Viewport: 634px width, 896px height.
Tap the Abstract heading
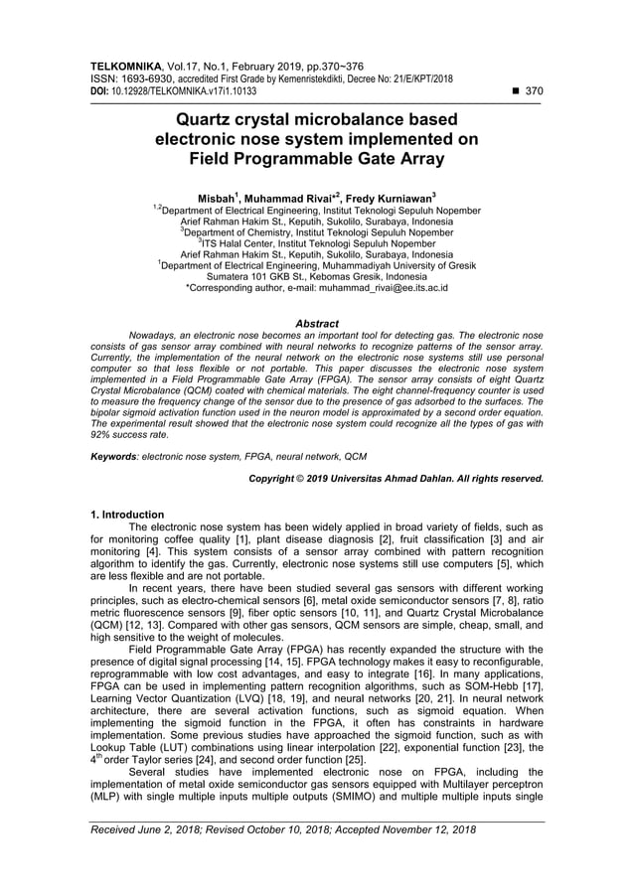(317, 324)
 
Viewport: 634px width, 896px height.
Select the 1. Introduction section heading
(127, 515)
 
